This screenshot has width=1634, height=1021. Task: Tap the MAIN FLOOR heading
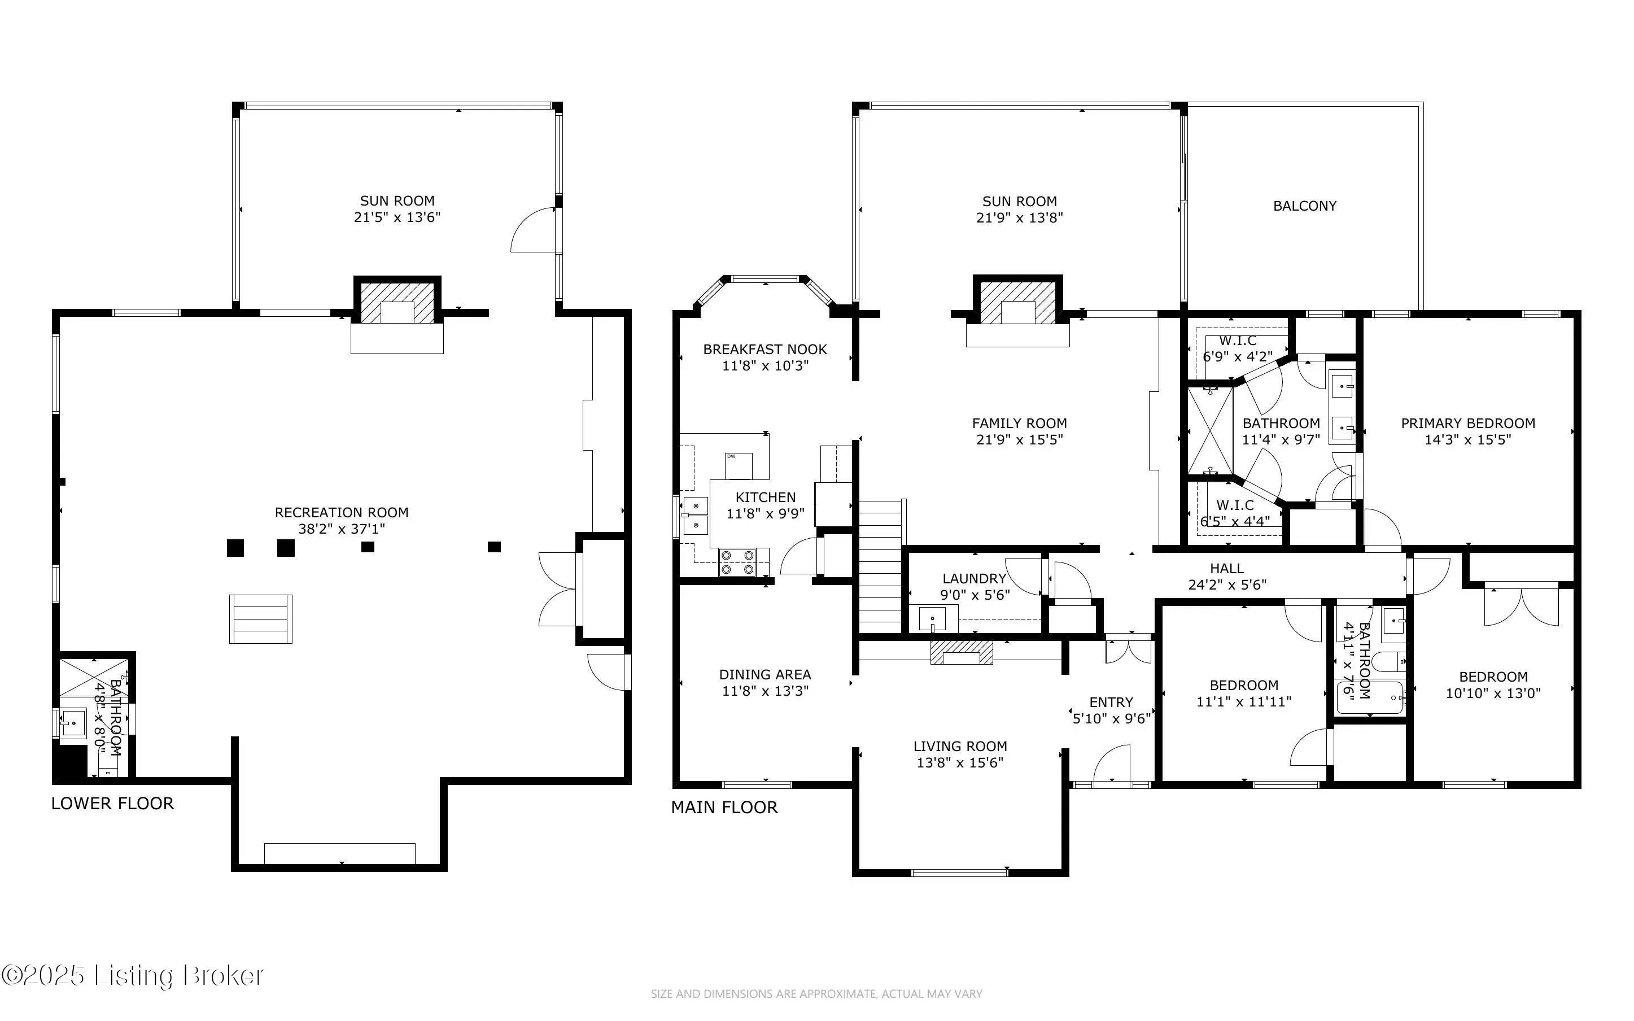(724, 807)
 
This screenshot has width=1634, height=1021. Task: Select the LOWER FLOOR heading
(113, 803)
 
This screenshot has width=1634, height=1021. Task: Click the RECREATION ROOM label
(342, 513)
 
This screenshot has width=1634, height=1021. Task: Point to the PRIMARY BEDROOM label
(1468, 424)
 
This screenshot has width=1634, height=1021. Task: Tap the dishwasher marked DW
(739, 465)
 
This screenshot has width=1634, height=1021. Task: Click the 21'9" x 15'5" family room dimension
(1019, 439)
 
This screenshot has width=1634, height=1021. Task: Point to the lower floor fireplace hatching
(397, 303)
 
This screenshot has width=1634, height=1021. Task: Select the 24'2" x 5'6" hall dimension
(1227, 585)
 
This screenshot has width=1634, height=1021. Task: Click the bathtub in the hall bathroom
(1370, 697)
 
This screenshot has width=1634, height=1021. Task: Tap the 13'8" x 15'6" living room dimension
(960, 762)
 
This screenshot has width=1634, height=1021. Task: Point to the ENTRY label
(1111, 703)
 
